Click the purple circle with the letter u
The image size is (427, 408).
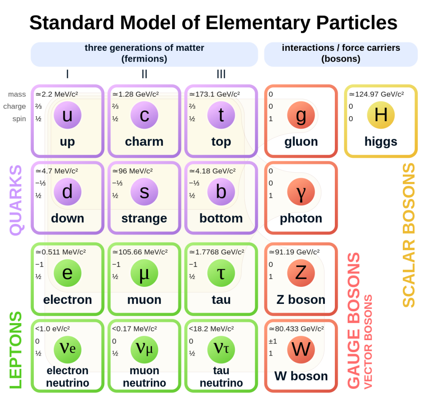pos(67,115)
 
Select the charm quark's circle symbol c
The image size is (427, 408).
pos(144,115)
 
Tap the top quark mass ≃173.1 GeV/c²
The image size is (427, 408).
pos(214,95)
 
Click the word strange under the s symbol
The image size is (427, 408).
pos(144,218)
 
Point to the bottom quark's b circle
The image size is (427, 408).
pos(221,192)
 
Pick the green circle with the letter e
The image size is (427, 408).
pos(67,273)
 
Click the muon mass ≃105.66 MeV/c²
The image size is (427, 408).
pos(140,252)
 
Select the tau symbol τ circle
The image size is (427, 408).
pos(221,273)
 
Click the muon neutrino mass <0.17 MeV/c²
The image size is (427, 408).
pos(135,328)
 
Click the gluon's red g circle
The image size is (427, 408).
pos(301,115)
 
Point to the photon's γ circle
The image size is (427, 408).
pos(301,192)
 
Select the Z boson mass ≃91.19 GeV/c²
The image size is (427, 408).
pos(294,252)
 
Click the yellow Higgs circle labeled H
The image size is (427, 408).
pos(381,115)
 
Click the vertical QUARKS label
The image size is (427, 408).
pos(16,200)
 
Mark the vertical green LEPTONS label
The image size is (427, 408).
pos(16,350)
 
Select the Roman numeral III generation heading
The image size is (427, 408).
pos(221,75)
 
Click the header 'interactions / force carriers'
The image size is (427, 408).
pos(341,48)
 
